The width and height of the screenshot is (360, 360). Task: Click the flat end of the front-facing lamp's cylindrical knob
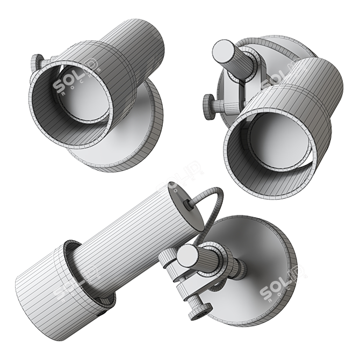[x=221, y=51]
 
